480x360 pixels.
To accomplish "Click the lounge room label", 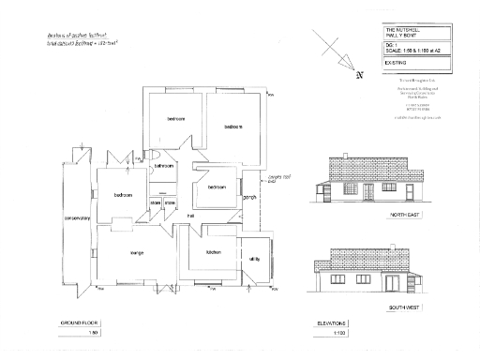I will [x=137, y=251].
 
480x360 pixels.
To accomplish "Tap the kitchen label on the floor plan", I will [x=213, y=252].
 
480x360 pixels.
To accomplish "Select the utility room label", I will [x=254, y=258].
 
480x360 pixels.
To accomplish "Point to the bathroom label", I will [x=165, y=166].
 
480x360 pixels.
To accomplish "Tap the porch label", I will [x=250, y=198].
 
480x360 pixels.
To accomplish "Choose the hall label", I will [x=190, y=217].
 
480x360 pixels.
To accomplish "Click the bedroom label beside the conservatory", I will [x=123, y=195].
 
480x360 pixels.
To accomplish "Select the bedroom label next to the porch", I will [x=217, y=187].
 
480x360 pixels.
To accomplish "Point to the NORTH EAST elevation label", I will [x=406, y=216].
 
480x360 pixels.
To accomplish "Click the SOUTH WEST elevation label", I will [x=406, y=307].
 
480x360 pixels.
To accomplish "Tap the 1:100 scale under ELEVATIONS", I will [x=338, y=333].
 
